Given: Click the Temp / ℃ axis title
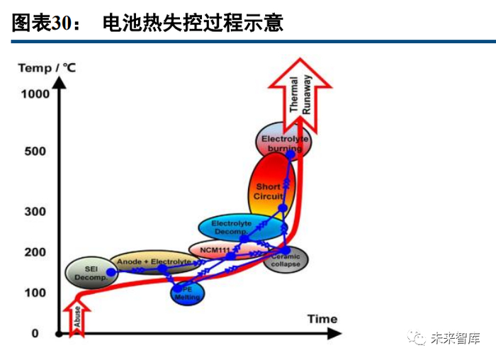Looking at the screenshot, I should pos(47,68).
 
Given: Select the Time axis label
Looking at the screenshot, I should pos(322,319).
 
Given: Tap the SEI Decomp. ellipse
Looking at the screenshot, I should pos(89,273).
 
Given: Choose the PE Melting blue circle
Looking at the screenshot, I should pos(188,293).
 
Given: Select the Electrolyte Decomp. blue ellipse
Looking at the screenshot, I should pos(231,227).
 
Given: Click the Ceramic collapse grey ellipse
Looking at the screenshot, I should pos(286,260).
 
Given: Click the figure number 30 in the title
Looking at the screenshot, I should pos(60,23).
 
